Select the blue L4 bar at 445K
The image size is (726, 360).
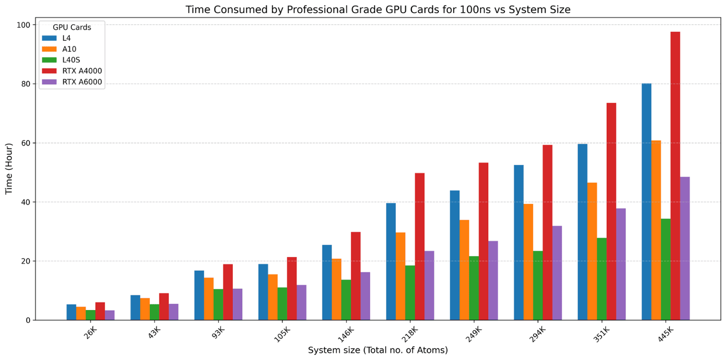pos(646,202)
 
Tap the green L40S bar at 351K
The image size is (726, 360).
pos(602,279)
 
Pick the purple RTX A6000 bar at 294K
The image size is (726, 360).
pos(557,273)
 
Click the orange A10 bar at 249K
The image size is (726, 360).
pos(464,270)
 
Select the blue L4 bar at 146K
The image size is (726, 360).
pos(327,282)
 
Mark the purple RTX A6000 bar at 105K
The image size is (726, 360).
pos(301,302)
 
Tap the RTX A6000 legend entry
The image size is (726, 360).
pos(82,82)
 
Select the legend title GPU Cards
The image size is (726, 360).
pos(72,27)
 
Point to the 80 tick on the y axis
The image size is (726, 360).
pos(25,84)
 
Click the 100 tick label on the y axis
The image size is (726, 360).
pos(24,25)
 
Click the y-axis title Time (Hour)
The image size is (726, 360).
pos(9,169)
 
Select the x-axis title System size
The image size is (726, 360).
pos(378,350)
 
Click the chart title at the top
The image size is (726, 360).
pos(378,10)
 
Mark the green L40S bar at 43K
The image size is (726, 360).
pos(154,312)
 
